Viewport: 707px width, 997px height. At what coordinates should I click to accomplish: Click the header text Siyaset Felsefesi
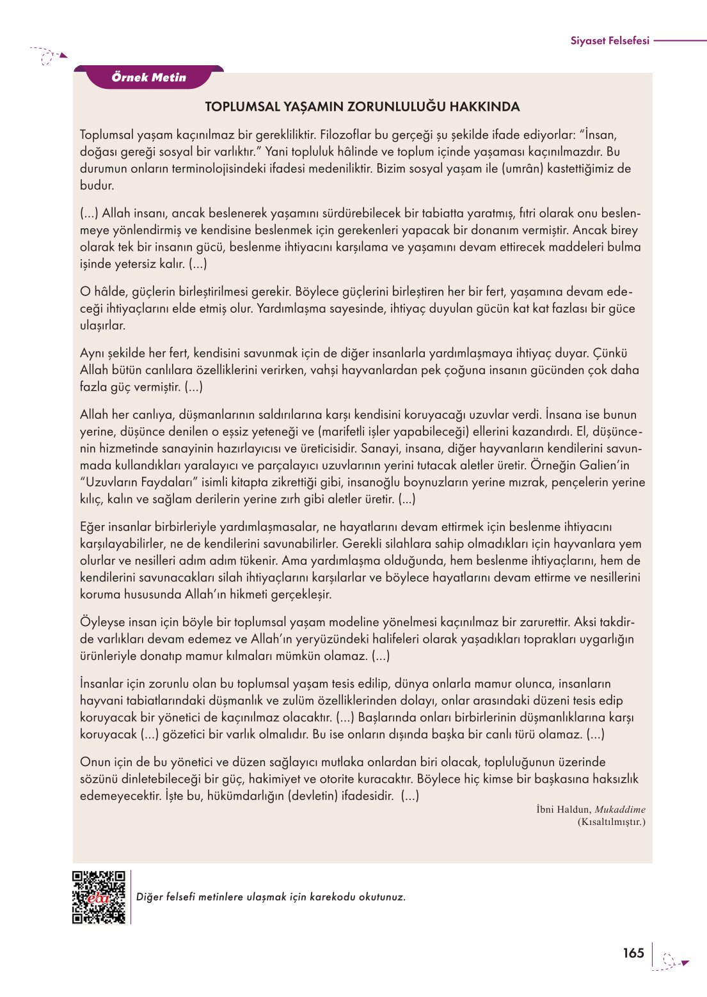pyautogui.click(x=609, y=41)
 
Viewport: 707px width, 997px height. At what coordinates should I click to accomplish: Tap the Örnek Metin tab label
pyautogui.click(x=148, y=77)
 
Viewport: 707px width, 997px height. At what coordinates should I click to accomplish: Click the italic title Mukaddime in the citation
pyautogui.click(x=619, y=810)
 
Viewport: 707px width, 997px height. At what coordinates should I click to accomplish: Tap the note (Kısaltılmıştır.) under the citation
pyautogui.click(x=611, y=822)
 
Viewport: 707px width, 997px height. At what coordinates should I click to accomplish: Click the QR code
pyautogui.click(x=99, y=897)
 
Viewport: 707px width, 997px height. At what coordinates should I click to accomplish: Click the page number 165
pyautogui.click(x=633, y=953)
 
